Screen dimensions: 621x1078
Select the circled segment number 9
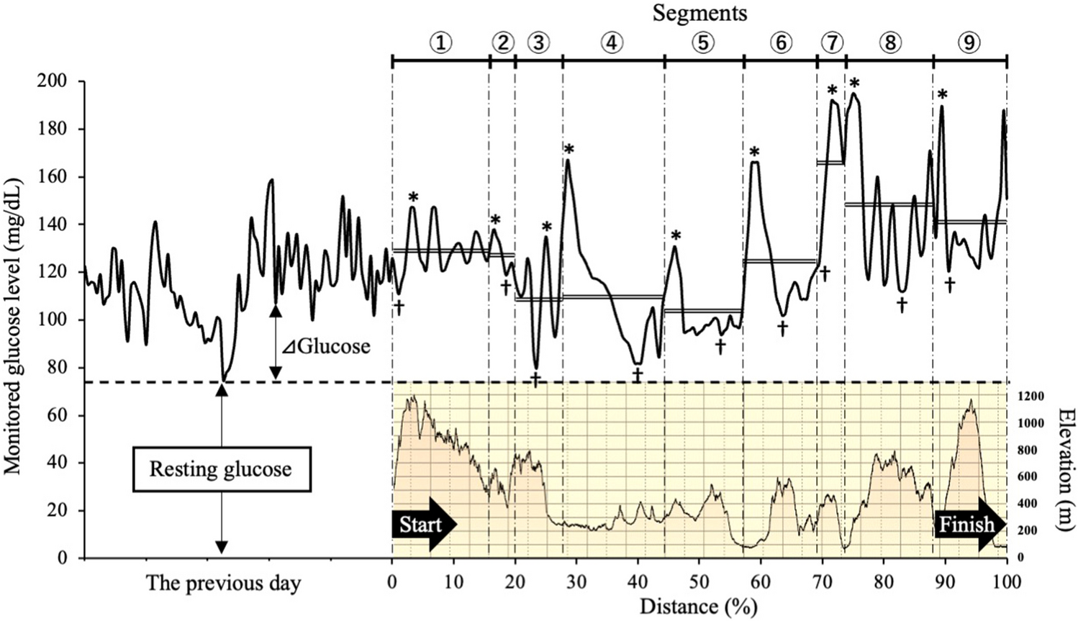tap(969, 43)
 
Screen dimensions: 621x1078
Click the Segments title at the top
tap(699, 13)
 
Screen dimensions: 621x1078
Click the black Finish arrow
tap(969, 524)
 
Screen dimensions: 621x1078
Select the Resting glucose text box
tap(220, 470)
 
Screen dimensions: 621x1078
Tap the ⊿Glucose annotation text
tap(326, 347)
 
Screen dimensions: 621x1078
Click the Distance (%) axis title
tap(698, 607)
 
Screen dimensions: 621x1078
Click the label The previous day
tap(223, 583)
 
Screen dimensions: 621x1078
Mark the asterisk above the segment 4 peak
tap(569, 150)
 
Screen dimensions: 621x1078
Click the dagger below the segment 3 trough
tap(535, 379)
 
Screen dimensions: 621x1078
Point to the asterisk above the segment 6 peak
tap(754, 153)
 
